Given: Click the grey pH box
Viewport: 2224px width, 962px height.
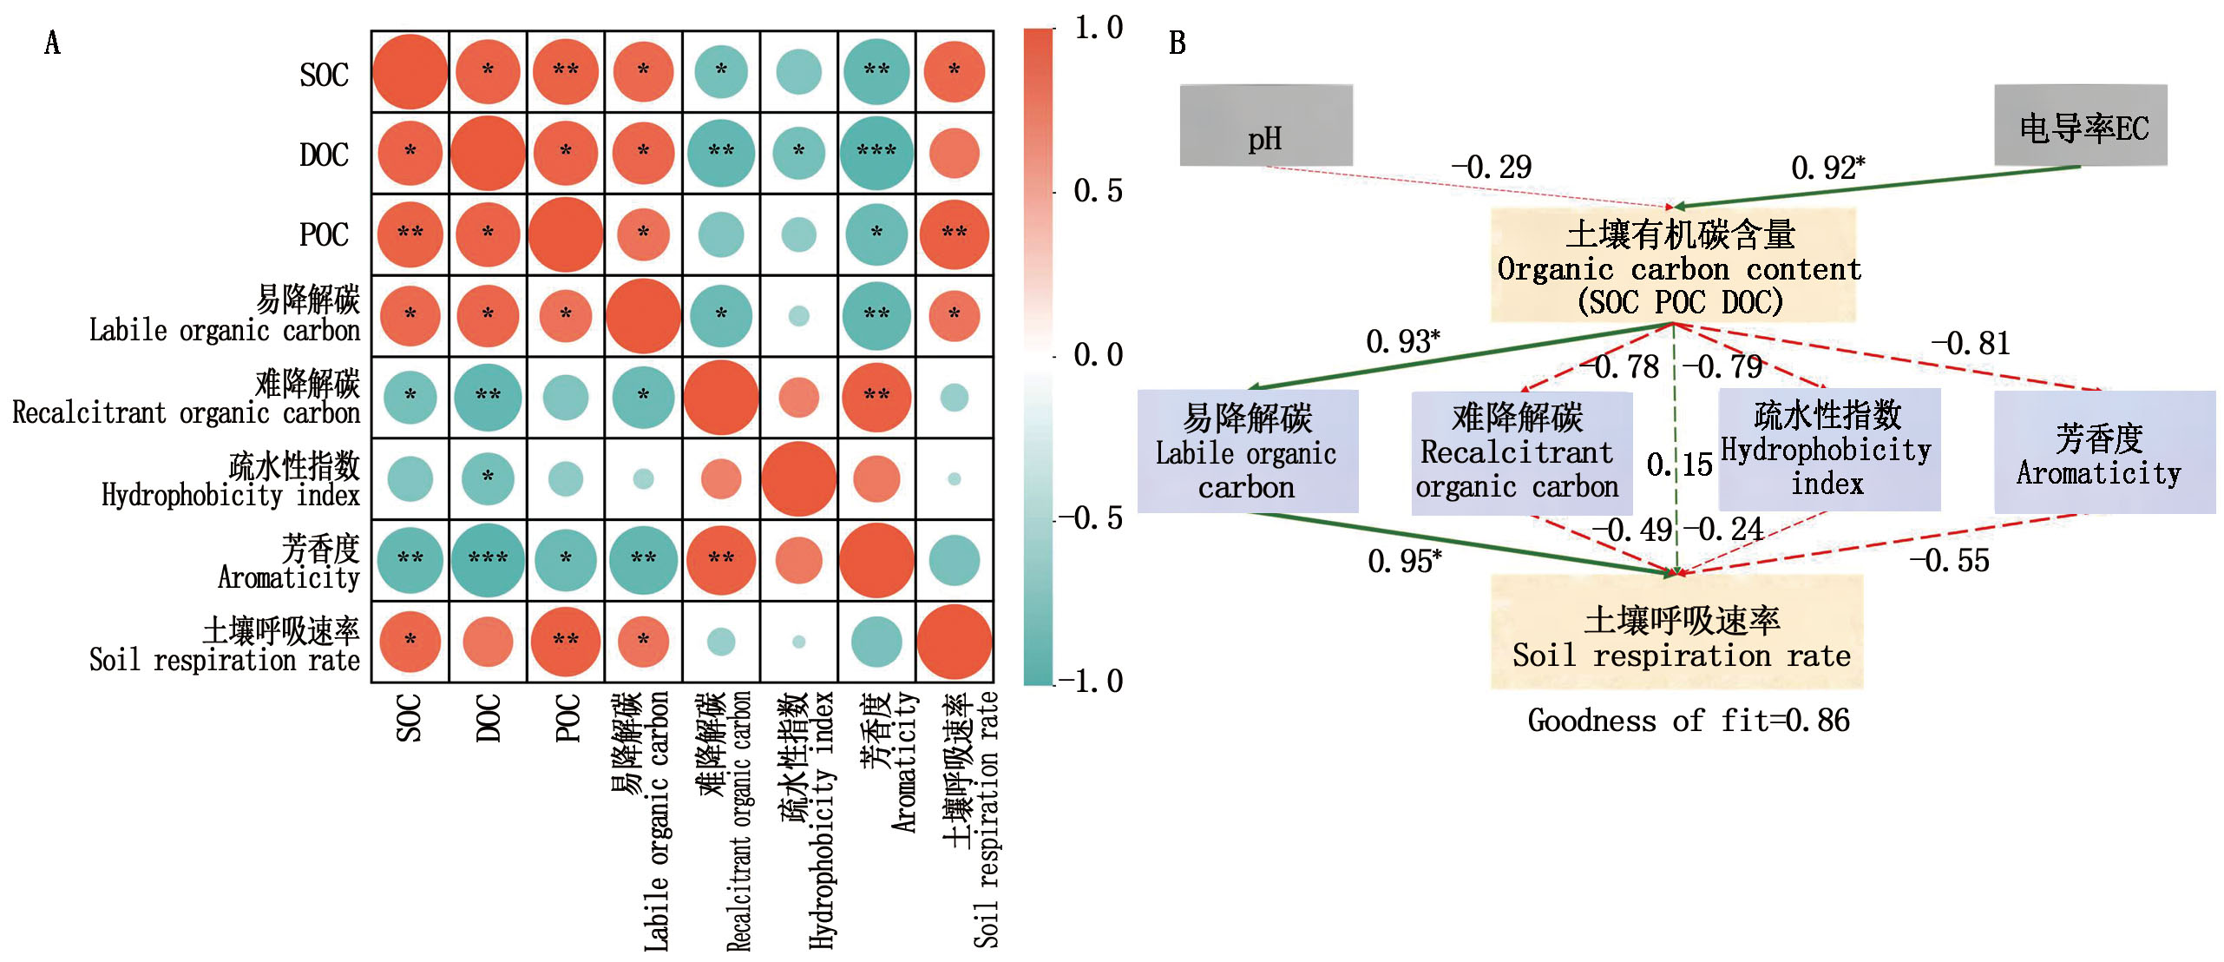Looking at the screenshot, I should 1265,125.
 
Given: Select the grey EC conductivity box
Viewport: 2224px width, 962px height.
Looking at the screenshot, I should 2080,126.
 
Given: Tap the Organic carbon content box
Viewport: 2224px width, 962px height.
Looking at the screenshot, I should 1673,266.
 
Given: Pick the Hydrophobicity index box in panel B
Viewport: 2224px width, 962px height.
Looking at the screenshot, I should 1829,450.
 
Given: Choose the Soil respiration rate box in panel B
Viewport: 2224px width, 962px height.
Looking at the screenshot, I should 1676,632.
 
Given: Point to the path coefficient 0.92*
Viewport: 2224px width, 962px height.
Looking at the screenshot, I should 1827,168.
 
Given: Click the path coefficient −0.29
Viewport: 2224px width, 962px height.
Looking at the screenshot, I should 1492,167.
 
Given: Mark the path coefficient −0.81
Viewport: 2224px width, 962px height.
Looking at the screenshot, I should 1970,344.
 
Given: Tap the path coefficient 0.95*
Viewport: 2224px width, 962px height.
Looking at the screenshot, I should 1404,561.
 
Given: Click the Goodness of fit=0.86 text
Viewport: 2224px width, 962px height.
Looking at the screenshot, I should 1688,721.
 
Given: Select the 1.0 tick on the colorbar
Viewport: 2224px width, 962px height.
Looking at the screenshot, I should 1098,28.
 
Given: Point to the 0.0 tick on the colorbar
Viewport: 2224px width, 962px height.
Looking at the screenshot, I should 1098,354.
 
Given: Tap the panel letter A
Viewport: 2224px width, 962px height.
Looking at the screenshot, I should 52,43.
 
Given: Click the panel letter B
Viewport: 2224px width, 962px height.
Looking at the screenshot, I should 1177,43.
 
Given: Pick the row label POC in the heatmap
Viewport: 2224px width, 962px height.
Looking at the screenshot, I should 324,235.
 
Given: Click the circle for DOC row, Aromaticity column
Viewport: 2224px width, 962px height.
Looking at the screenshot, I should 876,153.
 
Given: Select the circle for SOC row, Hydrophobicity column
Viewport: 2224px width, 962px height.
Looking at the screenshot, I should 798,72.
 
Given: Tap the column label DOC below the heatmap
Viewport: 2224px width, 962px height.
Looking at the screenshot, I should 489,717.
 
